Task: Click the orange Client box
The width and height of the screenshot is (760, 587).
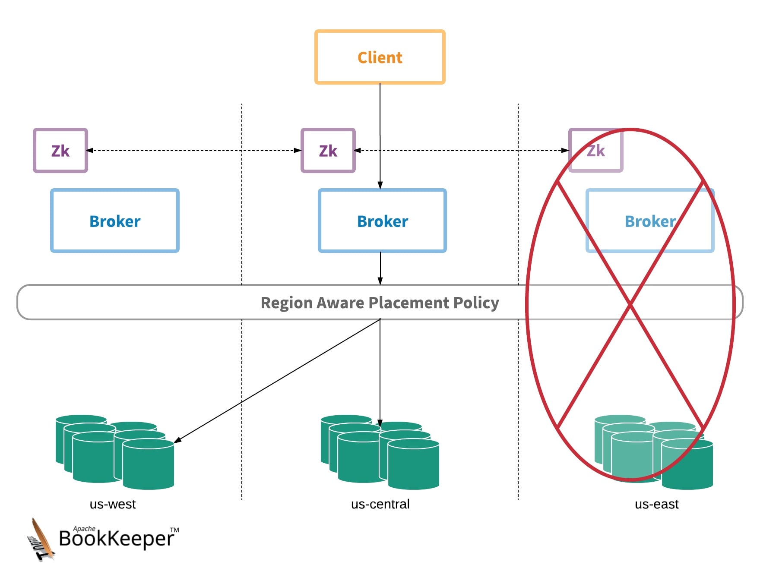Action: point(380,57)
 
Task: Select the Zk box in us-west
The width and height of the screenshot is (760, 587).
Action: point(60,151)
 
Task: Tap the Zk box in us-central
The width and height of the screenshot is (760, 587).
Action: point(328,151)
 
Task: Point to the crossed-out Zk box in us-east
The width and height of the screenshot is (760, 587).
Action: point(596,151)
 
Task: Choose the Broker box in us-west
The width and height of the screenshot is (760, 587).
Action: point(115,221)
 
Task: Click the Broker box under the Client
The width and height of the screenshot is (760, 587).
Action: point(382,221)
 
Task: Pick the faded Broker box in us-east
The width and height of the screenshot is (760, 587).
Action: point(650,221)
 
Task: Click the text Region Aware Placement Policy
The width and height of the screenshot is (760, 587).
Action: point(380,303)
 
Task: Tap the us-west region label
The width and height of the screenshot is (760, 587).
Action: point(113,504)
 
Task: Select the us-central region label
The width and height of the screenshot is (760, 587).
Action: point(380,504)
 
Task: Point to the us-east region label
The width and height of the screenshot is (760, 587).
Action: point(656,504)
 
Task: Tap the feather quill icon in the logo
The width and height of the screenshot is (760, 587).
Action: point(41,540)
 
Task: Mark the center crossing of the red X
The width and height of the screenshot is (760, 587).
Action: point(630,305)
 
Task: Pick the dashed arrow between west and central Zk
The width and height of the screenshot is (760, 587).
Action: point(194,151)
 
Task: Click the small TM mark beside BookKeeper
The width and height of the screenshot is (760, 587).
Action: point(174,530)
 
